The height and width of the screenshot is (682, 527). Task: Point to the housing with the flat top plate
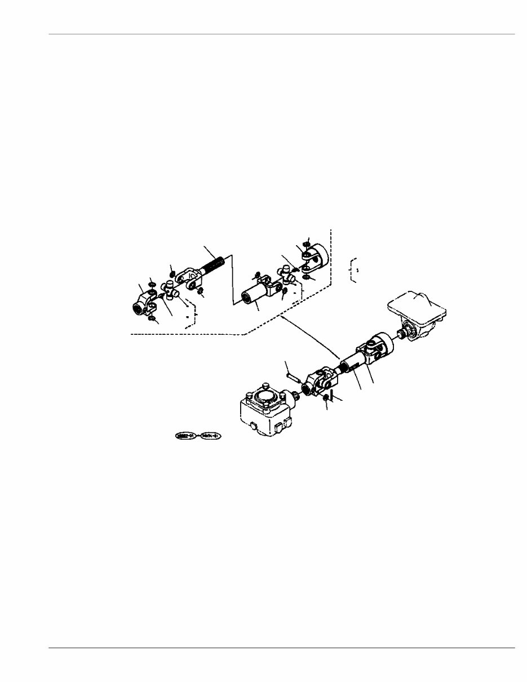coord(418,313)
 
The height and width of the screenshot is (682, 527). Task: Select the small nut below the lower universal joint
coord(326,399)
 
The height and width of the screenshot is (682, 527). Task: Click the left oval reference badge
coord(185,436)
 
